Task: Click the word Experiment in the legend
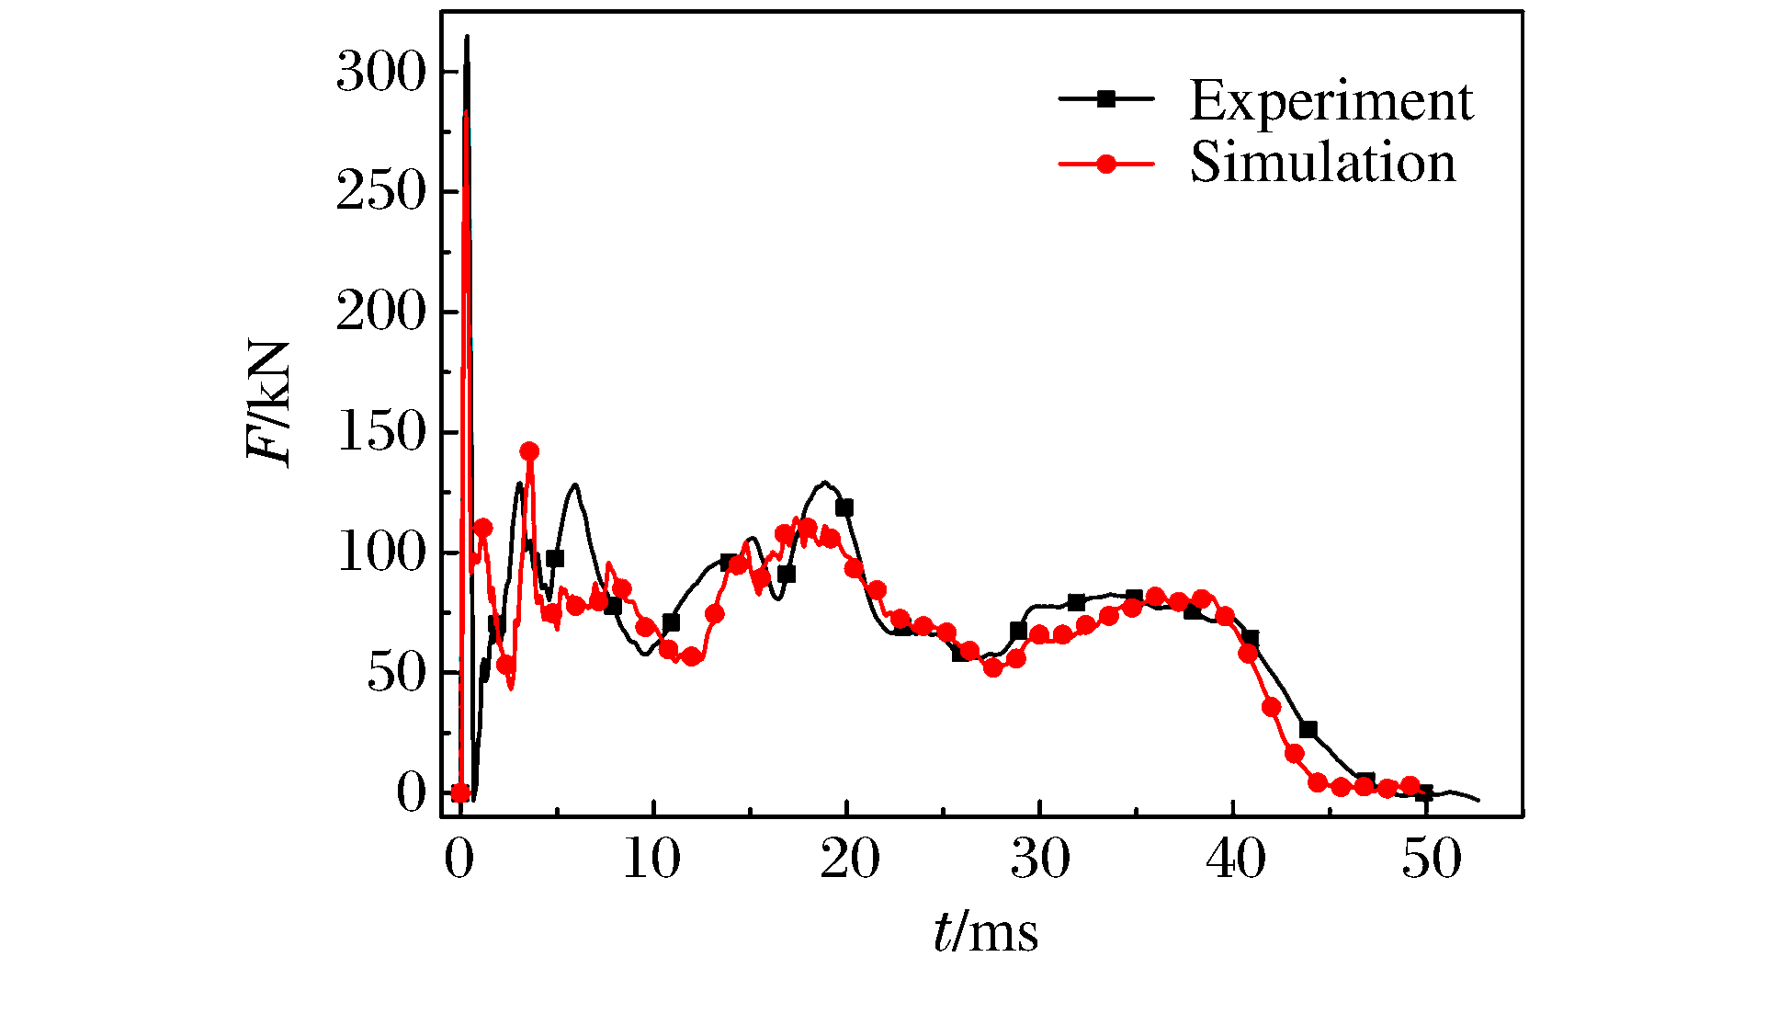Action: pyautogui.click(x=1331, y=100)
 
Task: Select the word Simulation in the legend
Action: pyautogui.click(x=1322, y=163)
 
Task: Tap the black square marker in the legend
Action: pyautogui.click(x=1106, y=98)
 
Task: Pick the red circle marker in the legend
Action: pyautogui.click(x=1106, y=164)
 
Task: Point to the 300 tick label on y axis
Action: pyautogui.click(x=381, y=73)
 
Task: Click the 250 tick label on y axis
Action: pyautogui.click(x=381, y=192)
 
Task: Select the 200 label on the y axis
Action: pyautogui.click(x=381, y=313)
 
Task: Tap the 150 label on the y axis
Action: pyautogui.click(x=381, y=432)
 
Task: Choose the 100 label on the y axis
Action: pyautogui.click(x=381, y=553)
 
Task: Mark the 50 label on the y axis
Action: pyautogui.click(x=397, y=673)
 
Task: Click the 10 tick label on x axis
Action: pyautogui.click(x=651, y=860)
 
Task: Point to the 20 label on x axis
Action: pyautogui.click(x=847, y=860)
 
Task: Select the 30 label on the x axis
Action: pyautogui.click(x=1040, y=860)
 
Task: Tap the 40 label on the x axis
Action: pyautogui.click(x=1235, y=860)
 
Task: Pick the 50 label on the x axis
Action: pyautogui.click(x=1430, y=860)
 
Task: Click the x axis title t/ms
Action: pyautogui.click(x=985, y=932)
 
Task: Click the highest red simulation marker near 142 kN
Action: pyautogui.click(x=529, y=451)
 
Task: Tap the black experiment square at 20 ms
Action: pyautogui.click(x=844, y=507)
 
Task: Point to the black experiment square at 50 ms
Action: pyautogui.click(x=1424, y=792)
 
